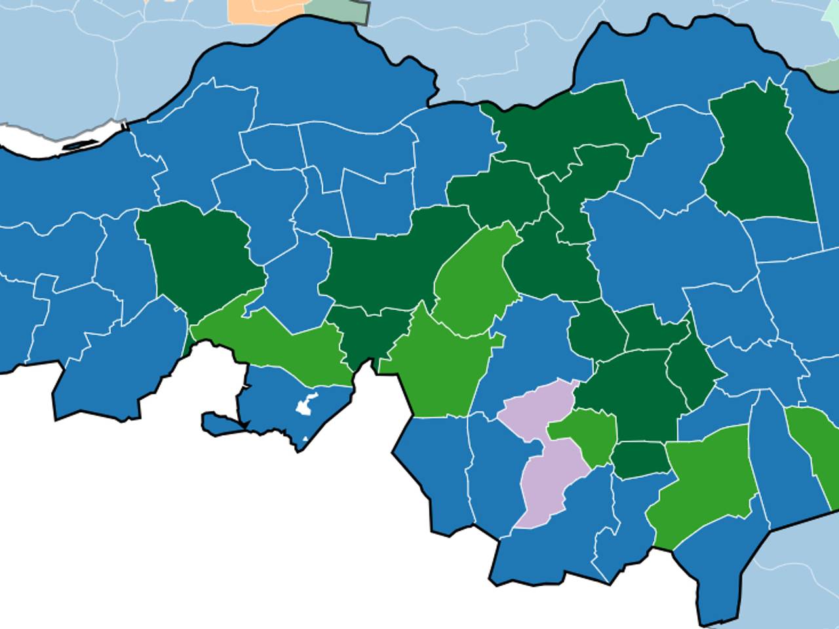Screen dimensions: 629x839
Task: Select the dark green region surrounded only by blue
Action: coord(760,157)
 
